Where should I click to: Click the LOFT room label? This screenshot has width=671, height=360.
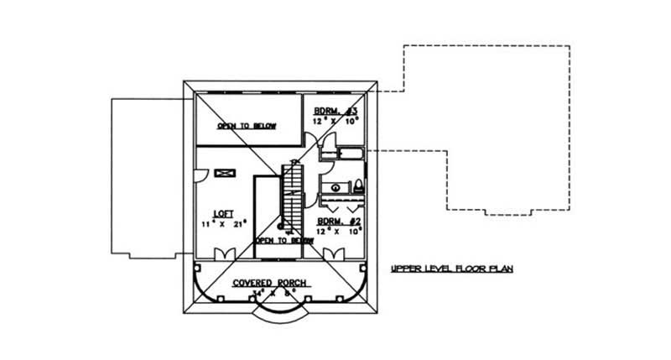pos(222,214)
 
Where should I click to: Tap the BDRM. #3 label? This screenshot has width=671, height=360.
pos(337,111)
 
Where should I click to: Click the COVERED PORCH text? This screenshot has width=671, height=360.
pos(268,283)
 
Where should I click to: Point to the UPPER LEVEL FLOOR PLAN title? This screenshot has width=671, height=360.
pos(451,269)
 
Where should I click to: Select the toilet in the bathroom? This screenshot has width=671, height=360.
pos(358,186)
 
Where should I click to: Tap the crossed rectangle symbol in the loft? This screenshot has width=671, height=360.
pos(225,173)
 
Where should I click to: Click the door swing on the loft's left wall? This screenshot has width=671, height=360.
pos(201,174)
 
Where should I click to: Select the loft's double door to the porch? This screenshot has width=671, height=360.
pos(225,253)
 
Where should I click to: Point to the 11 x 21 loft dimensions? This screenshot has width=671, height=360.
pos(221,225)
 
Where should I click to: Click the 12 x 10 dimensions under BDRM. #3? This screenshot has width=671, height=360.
pos(337,121)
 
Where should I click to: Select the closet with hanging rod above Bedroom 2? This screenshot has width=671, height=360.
pos(341,202)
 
